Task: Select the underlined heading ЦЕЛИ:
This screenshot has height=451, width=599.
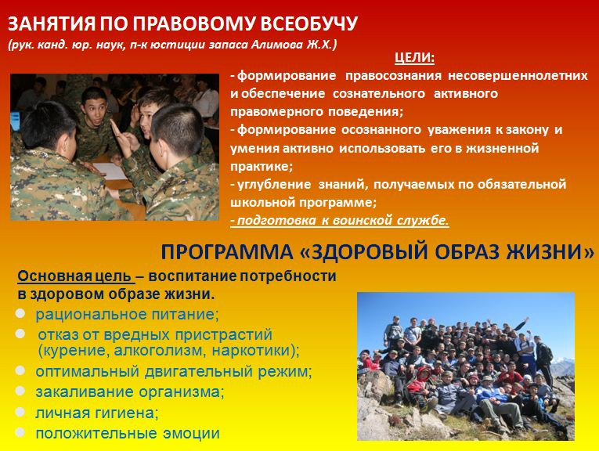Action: [x=414, y=58]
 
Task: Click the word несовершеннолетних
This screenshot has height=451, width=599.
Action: [x=518, y=75]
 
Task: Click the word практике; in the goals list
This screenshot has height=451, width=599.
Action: [x=262, y=166]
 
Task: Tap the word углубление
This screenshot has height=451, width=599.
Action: [x=274, y=184]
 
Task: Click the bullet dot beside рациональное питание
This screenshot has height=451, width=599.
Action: [x=20, y=313]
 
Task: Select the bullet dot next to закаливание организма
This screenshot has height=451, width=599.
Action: [x=20, y=391]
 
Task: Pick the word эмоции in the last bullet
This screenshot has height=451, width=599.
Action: [x=191, y=434]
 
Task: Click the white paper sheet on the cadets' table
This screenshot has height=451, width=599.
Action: [x=110, y=171]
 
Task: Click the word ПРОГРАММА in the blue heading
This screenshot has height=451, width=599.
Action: [x=227, y=252]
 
